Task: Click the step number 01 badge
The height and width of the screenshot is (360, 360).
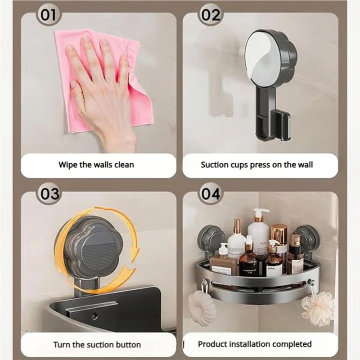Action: (x=49, y=16)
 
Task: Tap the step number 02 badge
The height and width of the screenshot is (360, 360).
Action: (x=210, y=16)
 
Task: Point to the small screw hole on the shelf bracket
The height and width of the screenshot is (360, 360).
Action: (x=94, y=316)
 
